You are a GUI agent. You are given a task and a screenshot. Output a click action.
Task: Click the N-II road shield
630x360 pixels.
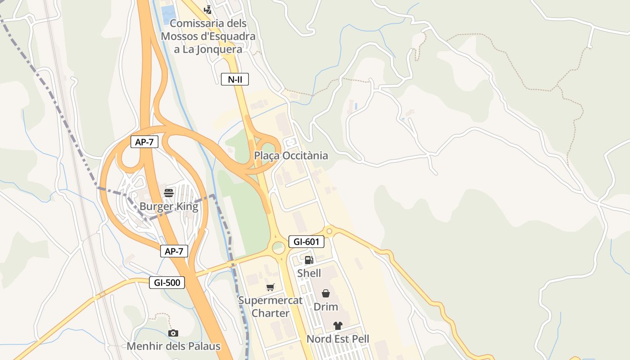(x=235, y=80)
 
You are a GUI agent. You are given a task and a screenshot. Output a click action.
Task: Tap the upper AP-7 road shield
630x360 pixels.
(x=144, y=142)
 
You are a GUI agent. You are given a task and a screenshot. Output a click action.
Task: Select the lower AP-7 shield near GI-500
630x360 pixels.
(x=174, y=251)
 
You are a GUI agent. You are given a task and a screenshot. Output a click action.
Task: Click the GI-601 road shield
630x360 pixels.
(x=306, y=242)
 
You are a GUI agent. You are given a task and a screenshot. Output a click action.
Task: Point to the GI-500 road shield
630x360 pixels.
(x=167, y=283)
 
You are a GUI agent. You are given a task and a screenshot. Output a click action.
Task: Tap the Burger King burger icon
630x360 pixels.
(x=169, y=193)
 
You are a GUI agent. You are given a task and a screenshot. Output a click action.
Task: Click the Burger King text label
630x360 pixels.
(x=169, y=207)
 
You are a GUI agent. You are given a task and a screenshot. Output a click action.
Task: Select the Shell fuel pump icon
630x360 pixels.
(x=309, y=260)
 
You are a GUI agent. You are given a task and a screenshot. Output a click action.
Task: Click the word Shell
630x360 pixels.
(x=309, y=273)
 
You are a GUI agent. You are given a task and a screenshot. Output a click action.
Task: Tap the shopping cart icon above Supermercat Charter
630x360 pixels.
(x=270, y=287)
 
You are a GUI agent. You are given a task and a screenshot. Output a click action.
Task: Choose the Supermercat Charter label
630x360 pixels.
(x=270, y=306)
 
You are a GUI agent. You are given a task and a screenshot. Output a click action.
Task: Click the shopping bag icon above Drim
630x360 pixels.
(x=326, y=293)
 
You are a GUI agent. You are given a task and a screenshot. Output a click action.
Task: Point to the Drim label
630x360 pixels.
(x=326, y=307)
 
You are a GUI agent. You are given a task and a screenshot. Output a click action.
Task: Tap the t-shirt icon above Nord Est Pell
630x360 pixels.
(x=338, y=326)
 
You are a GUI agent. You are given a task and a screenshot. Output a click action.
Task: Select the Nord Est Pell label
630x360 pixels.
(x=338, y=339)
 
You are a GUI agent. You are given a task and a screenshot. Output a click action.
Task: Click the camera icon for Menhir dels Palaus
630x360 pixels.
(x=173, y=333)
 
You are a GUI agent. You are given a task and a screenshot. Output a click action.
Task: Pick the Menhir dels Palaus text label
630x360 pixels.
(x=174, y=346)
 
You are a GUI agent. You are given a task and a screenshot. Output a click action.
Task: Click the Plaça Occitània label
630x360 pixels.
(x=291, y=156)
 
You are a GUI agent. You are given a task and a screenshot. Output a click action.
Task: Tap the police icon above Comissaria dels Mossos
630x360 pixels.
(x=208, y=9)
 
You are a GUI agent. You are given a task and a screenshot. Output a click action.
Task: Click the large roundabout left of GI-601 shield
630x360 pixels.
(x=279, y=247)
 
